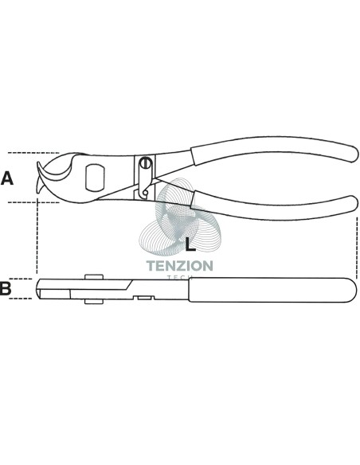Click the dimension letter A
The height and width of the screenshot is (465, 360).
click(x=7, y=178)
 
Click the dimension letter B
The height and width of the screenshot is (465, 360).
click(x=6, y=288)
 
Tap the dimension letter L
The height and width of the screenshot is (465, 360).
click(x=190, y=244)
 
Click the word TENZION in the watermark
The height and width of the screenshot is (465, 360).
click(x=180, y=266)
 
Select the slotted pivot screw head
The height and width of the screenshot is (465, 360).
click(x=146, y=163)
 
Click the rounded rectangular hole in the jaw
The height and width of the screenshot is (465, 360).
click(x=95, y=178)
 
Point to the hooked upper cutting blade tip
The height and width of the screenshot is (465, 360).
click(x=40, y=166)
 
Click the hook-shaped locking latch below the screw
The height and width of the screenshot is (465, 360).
click(x=144, y=193)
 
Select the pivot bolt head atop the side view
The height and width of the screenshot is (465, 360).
click(x=94, y=276)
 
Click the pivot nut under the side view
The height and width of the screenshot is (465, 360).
click(x=94, y=301)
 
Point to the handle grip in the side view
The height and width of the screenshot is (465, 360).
click(x=272, y=290)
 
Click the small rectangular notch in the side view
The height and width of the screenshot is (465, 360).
click(x=144, y=297)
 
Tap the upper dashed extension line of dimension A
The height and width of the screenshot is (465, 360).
click(x=33, y=153)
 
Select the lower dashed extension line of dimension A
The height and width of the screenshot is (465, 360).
click(x=33, y=202)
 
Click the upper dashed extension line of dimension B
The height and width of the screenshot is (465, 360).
click(x=21, y=279)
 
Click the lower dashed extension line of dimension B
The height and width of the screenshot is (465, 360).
click(x=21, y=299)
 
